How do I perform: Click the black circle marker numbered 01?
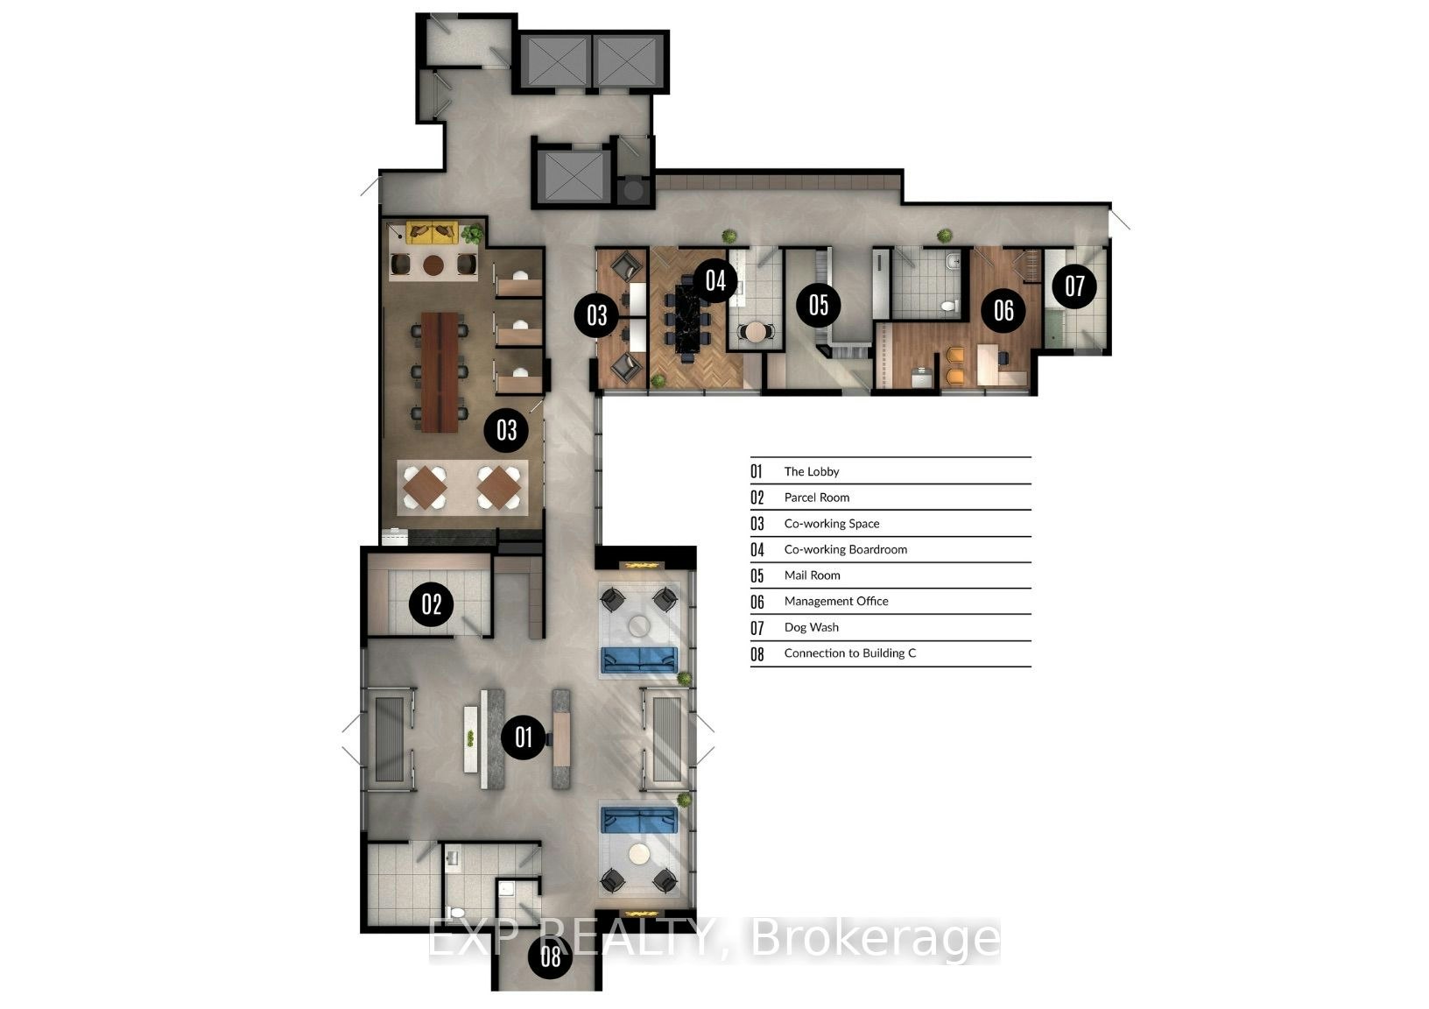click(523, 737)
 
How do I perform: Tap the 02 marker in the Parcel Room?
click(432, 603)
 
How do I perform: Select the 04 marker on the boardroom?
click(715, 281)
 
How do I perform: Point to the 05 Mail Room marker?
click(819, 305)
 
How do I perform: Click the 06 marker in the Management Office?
click(1003, 310)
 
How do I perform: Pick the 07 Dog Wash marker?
click(1074, 286)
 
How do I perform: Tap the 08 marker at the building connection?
click(551, 956)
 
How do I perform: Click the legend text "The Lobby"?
click(812, 471)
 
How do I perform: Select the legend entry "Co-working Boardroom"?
click(845, 549)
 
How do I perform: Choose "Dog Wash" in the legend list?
click(812, 627)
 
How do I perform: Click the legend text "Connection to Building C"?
click(849, 653)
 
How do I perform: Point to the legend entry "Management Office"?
click(836, 601)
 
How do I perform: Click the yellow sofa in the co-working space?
click(433, 232)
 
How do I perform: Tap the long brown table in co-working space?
click(440, 372)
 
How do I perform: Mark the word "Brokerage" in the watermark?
click(875, 939)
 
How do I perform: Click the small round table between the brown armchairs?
click(433, 264)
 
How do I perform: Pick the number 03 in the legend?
click(757, 524)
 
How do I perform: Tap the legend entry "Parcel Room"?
click(817, 497)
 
